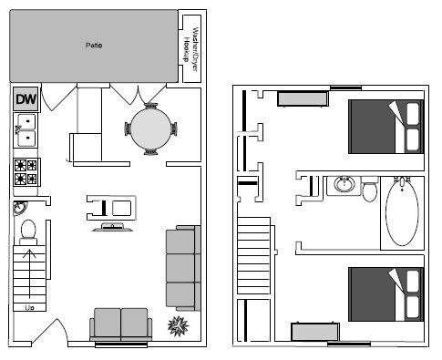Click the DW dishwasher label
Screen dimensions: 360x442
[x=26, y=99]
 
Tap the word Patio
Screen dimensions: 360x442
[x=92, y=44]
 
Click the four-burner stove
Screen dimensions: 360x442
[x=26, y=170]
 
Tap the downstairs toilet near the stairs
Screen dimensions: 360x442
[x=27, y=229]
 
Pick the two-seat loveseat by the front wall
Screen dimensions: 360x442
[x=120, y=324]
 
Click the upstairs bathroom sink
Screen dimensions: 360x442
[x=344, y=185]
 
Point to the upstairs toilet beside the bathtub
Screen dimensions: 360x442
[x=369, y=190]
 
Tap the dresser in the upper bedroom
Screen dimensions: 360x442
[x=303, y=98]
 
